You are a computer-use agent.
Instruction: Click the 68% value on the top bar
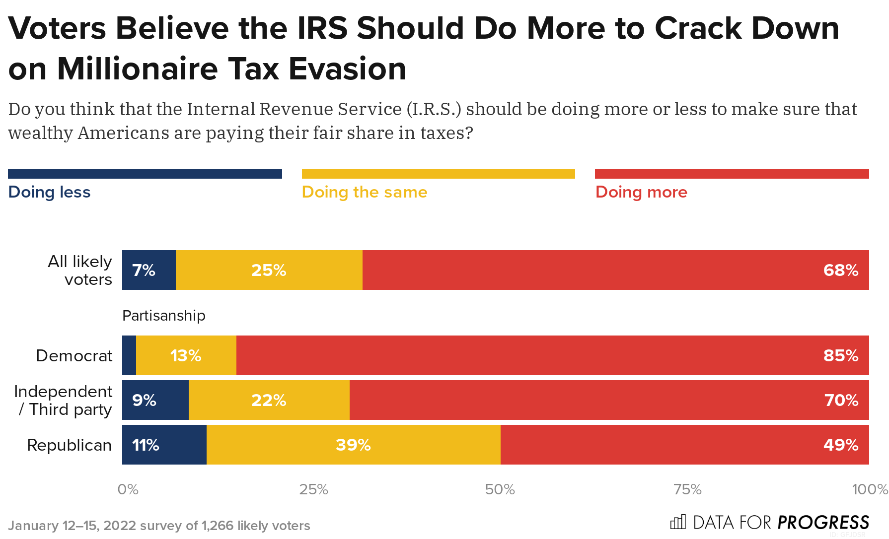[840, 270]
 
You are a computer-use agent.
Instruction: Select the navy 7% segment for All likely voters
[149, 270]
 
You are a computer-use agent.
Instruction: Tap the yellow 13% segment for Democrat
[186, 355]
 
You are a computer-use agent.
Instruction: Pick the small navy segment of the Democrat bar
[129, 355]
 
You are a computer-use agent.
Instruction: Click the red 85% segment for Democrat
[552, 355]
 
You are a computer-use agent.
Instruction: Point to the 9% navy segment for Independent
[155, 400]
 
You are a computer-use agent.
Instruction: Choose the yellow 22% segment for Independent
[269, 400]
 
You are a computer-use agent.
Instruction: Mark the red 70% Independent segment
[609, 400]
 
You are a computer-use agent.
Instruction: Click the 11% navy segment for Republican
[164, 445]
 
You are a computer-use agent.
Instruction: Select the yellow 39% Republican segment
[353, 445]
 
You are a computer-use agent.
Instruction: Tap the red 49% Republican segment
[684, 445]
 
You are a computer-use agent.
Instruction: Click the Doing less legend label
[49, 192]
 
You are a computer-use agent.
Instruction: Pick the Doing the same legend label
[364, 192]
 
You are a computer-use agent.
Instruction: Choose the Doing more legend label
[641, 192]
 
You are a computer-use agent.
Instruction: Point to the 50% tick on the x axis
[500, 490]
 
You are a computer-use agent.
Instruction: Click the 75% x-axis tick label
[687, 490]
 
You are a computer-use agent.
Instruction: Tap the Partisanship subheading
[163, 316]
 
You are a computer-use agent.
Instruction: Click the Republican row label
[69, 445]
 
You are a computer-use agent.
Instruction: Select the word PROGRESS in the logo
[823, 523]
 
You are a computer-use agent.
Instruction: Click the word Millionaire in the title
[137, 68]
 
